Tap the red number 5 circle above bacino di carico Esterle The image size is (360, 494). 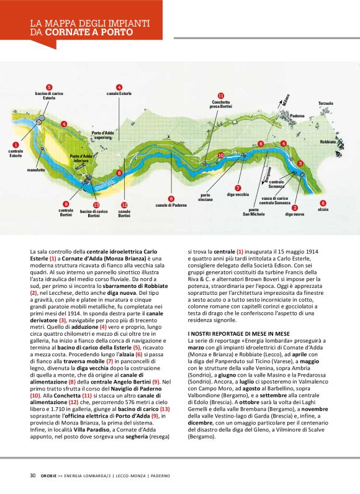tap(49, 88)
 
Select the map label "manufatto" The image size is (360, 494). tap(36, 170)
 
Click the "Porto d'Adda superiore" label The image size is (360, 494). tap(103, 135)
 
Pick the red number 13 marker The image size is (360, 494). tap(96, 205)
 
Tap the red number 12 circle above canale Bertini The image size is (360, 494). tap(124, 205)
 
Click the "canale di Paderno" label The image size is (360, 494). tap(171, 205)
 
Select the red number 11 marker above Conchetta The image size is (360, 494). tap(220, 95)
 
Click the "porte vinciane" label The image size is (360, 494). tap(205, 197)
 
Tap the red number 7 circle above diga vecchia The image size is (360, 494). tap(238, 187)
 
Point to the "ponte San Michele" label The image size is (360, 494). tap(254, 212)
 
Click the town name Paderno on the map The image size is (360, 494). tap(297, 116)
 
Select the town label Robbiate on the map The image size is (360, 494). tap(328, 142)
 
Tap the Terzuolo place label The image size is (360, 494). tap(326, 103)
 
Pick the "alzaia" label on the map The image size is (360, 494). tap(323, 210)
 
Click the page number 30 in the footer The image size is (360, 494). tap(32, 475)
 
